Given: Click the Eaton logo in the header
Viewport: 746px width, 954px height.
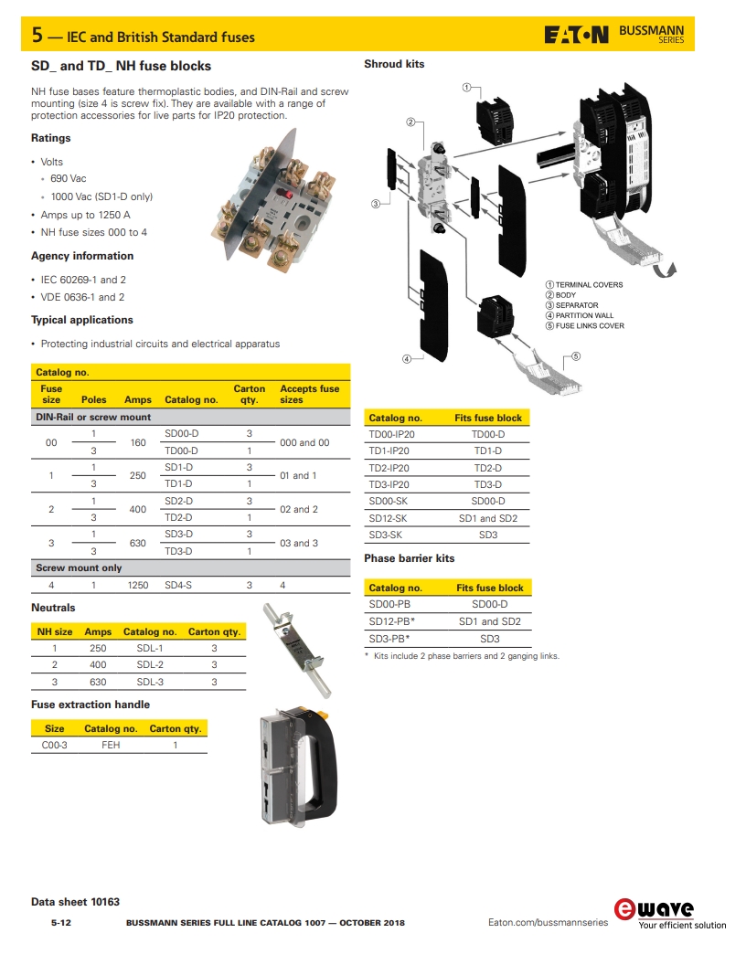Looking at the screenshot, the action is click(576, 35).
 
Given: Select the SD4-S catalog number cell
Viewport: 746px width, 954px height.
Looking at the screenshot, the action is click(178, 585).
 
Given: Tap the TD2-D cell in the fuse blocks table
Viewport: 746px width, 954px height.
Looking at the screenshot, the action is click(178, 517).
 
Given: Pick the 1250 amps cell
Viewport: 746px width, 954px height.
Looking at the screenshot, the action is click(137, 585).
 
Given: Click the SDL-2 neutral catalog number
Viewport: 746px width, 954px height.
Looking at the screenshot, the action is click(150, 664).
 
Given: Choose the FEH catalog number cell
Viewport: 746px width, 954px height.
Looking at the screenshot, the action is click(111, 745).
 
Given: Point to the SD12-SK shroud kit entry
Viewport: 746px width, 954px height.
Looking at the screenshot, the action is click(388, 518).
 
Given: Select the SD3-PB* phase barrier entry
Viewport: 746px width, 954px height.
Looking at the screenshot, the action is click(389, 638).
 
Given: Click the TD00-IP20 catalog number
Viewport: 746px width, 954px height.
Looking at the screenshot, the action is click(392, 434).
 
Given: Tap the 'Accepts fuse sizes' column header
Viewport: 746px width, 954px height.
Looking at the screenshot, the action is click(310, 394).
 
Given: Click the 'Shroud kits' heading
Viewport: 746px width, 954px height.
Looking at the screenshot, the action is click(394, 64).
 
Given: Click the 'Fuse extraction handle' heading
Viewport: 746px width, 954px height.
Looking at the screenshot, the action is click(91, 705).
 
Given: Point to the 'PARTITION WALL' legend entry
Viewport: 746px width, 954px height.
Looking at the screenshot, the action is click(584, 315).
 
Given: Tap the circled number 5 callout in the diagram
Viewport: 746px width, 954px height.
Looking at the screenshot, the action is click(576, 356).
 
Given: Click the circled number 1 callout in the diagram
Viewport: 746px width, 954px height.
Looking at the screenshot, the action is click(466, 88).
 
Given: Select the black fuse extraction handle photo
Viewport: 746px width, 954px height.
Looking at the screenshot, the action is click(298, 766).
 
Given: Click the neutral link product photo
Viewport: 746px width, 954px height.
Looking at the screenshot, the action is click(298, 649).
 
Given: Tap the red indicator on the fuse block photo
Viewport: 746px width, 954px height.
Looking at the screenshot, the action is click(283, 195).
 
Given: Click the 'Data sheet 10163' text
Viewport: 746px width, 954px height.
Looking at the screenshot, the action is click(76, 902).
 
